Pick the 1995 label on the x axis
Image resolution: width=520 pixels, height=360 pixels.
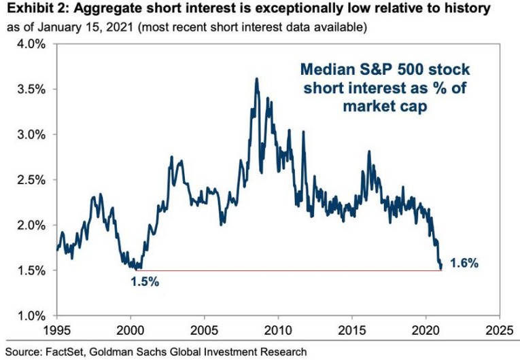(56, 333)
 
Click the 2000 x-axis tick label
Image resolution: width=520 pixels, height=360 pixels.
(130, 333)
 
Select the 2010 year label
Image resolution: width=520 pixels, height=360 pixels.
(279, 333)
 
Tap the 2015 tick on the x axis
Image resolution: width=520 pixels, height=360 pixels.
(352, 333)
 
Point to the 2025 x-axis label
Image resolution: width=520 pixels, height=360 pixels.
(500, 333)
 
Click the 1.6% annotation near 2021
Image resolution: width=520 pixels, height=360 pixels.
(464, 263)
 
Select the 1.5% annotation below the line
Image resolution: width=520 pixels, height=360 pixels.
(145, 281)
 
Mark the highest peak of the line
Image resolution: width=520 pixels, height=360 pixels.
(256, 79)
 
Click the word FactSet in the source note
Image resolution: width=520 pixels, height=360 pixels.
(67, 352)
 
